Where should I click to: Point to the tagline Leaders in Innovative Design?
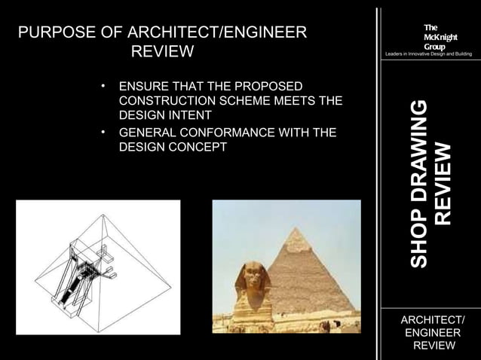pos(428,55)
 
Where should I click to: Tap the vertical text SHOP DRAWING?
pos(421,184)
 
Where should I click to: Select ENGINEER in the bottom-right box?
pos(432,332)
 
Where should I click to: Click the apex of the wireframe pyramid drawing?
pos(100,212)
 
